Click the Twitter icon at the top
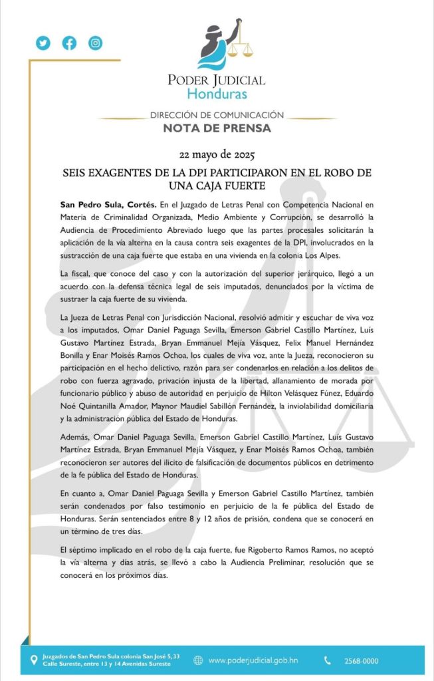[x=43, y=43]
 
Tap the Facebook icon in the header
[x=69, y=43]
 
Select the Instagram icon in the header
[x=96, y=43]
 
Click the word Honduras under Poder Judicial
[x=217, y=93]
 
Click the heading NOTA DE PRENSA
[x=217, y=128]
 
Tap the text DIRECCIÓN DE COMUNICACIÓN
[x=217, y=115]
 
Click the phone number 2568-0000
[x=362, y=661]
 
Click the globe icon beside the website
[x=198, y=660]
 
